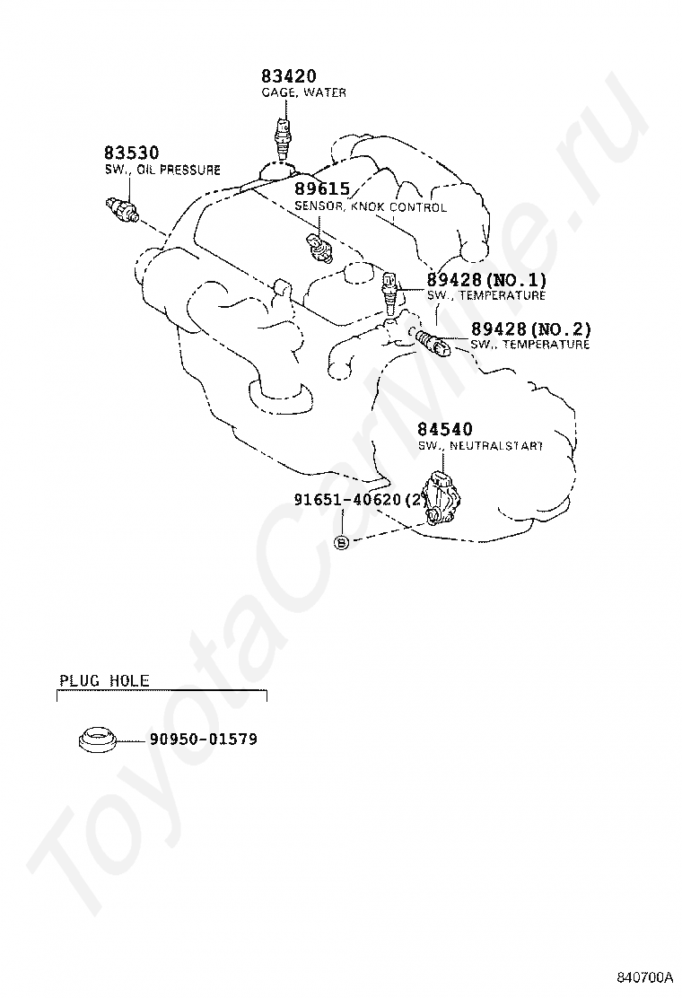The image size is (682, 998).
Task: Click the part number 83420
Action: (289, 77)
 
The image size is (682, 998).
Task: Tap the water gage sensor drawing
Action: (285, 137)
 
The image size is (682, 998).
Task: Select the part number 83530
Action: (131, 153)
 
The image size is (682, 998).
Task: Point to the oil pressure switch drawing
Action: (119, 207)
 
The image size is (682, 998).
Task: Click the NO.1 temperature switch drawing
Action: (389, 289)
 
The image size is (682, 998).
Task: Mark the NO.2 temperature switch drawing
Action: (433, 341)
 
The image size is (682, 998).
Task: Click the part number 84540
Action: (445, 430)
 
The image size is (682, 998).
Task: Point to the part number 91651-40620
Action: (347, 501)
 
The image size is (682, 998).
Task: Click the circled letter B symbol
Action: (341, 542)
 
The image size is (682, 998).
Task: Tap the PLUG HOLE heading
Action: (104, 681)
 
